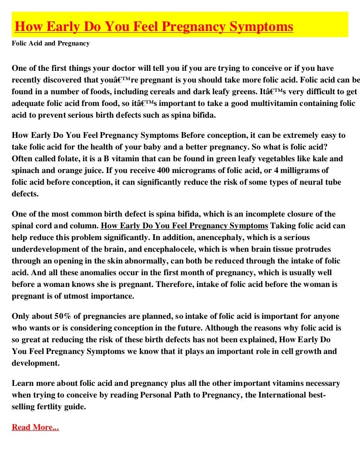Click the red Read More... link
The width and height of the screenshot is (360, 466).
click(35, 427)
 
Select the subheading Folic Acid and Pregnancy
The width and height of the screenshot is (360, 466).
click(51, 44)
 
